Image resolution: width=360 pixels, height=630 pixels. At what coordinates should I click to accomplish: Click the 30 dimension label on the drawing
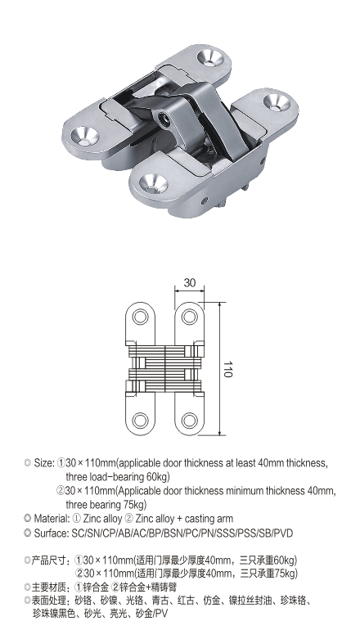click(x=190, y=282)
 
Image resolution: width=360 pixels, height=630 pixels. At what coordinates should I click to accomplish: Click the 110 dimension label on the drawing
click(x=227, y=369)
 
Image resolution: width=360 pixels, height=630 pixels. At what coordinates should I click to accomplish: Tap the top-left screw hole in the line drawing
click(x=140, y=317)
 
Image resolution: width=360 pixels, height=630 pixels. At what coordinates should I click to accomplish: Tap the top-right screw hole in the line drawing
click(x=190, y=317)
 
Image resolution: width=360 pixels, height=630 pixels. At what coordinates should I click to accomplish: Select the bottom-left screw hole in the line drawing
click(x=140, y=421)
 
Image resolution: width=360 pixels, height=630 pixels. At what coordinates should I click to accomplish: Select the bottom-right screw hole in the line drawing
click(x=190, y=421)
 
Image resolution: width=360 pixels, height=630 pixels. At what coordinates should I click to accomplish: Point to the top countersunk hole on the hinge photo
click(x=209, y=57)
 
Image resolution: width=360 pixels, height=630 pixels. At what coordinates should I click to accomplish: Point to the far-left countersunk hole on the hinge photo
click(x=85, y=135)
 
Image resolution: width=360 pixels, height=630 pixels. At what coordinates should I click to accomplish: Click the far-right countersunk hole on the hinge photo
click(x=277, y=101)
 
